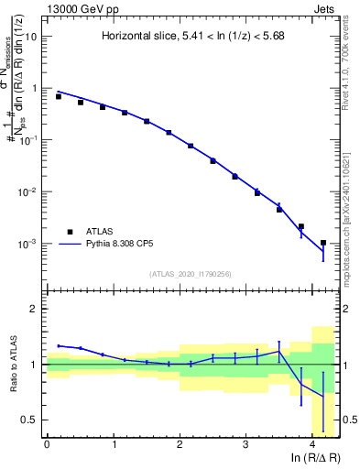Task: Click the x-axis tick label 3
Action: [x=245, y=443]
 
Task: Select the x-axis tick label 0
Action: [x=47, y=443]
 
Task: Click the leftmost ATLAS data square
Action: [x=59, y=96]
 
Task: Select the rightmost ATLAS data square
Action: [x=322, y=243]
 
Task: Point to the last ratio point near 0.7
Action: [x=322, y=396]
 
